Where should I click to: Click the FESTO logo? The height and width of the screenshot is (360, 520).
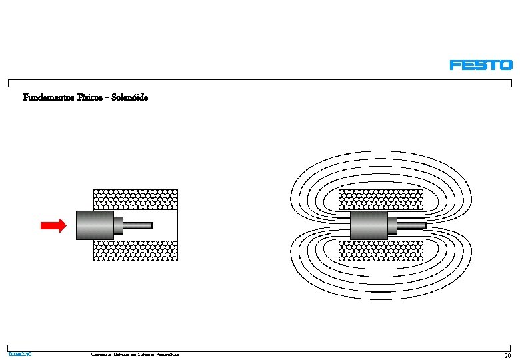tap(481, 65)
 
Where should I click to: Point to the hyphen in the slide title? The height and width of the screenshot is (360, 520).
tap(107, 98)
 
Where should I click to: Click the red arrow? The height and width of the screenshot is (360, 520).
tap(53, 225)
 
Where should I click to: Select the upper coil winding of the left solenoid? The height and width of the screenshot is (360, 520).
tap(135, 199)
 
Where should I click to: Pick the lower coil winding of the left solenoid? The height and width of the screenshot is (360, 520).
tap(135, 250)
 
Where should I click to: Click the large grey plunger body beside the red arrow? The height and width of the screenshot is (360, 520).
tap(94, 225)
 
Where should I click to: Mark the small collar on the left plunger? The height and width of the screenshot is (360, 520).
tap(118, 225)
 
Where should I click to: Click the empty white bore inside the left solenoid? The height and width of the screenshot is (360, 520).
tap(165, 225)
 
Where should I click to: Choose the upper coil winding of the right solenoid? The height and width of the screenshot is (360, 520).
tap(381, 199)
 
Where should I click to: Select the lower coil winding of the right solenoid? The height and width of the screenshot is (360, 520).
tap(381, 250)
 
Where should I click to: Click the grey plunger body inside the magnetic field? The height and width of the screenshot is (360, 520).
tap(368, 225)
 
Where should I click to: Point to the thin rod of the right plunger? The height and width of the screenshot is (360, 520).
tap(411, 225)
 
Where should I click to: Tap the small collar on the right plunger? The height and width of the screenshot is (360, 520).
tap(392, 225)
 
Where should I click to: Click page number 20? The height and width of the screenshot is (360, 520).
tap(507, 355)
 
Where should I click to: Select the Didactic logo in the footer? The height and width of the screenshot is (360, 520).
tap(19, 354)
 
